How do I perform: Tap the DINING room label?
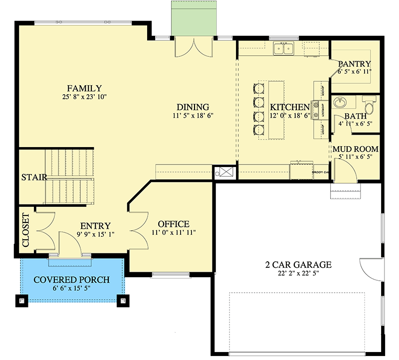pos(193,107)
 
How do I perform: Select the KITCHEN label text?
pos(290,107)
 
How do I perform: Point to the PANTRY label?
pos(354,64)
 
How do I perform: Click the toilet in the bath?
pos(370,106)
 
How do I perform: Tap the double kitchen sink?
pos(283,48)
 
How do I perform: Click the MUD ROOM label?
pos(355,149)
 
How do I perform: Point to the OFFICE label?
pos(174,224)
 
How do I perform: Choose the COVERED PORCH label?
pos(71,279)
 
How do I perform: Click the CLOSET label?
pos(25,230)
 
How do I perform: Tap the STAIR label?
pos(34,177)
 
